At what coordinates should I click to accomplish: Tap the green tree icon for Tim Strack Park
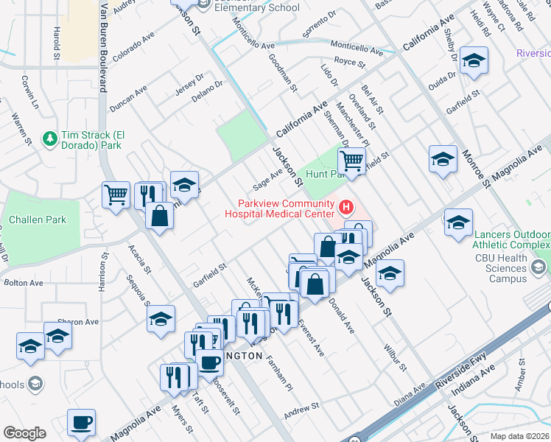click(x=50, y=138)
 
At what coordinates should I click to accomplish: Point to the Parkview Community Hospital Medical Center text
click(x=285, y=209)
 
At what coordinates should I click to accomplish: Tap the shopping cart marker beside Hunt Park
click(x=352, y=160)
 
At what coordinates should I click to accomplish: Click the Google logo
click(x=24, y=433)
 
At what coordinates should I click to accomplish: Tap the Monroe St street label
click(x=477, y=168)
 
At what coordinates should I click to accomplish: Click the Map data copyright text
click(x=520, y=436)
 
